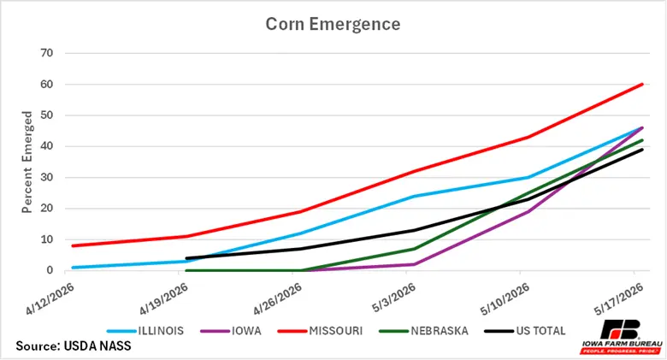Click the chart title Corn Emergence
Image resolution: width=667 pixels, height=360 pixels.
[x=333, y=24]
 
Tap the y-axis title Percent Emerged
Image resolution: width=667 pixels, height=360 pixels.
[x=27, y=162]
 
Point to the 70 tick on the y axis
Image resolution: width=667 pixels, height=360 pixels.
[x=47, y=53]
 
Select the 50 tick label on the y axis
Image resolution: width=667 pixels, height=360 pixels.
[x=47, y=115]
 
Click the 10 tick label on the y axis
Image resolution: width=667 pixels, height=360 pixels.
[x=47, y=239]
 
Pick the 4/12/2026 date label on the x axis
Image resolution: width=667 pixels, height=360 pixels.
[x=50, y=299]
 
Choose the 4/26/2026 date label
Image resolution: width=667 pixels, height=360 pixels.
[x=278, y=299]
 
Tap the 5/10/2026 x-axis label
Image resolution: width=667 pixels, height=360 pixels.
[x=505, y=299]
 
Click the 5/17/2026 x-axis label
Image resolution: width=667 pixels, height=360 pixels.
[x=619, y=299]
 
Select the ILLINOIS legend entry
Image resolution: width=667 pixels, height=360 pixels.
[x=145, y=331]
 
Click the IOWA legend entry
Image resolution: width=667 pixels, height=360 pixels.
[x=231, y=331]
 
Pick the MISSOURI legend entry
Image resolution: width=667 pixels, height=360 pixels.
[x=320, y=331]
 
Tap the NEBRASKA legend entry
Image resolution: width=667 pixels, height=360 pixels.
[x=423, y=331]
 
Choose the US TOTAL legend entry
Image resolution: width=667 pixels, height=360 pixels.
[x=525, y=331]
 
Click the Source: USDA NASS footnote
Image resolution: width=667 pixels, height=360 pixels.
[x=74, y=345]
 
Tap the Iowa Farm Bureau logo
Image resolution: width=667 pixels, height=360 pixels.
[x=622, y=337]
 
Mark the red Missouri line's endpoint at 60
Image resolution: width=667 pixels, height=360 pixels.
[x=642, y=85]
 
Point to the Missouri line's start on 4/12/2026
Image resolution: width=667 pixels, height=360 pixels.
[x=74, y=245]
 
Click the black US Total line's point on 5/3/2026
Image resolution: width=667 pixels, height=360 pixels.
[x=415, y=230]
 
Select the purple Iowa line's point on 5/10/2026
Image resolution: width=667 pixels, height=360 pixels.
[x=528, y=211]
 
